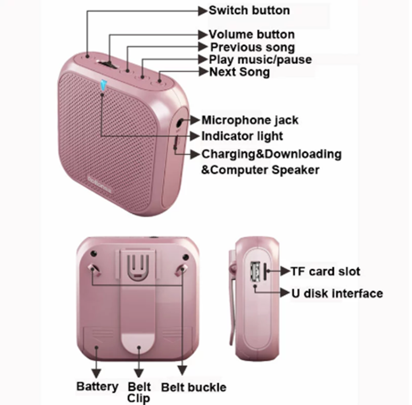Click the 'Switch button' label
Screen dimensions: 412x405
[x=249, y=10]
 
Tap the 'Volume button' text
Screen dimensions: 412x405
[x=252, y=34]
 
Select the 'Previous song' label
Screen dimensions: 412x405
[x=252, y=47]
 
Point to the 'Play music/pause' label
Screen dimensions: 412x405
[x=261, y=60]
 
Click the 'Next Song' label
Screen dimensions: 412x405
[x=239, y=72]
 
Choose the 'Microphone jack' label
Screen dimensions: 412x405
[x=250, y=120]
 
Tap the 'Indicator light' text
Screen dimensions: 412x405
[x=242, y=136]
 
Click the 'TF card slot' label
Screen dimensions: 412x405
[x=325, y=271]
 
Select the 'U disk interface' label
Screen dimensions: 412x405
[x=337, y=293]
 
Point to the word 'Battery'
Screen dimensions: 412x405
[x=97, y=386]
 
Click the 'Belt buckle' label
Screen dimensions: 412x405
[x=194, y=388]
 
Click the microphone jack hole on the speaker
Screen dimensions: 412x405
[x=181, y=122]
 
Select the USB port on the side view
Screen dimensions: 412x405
[x=255, y=271]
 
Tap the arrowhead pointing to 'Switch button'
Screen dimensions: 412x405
[x=202, y=11]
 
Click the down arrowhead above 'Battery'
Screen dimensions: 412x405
[x=96, y=373]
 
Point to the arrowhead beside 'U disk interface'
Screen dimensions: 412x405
[x=285, y=293]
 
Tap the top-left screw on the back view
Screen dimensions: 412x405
[x=94, y=254]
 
